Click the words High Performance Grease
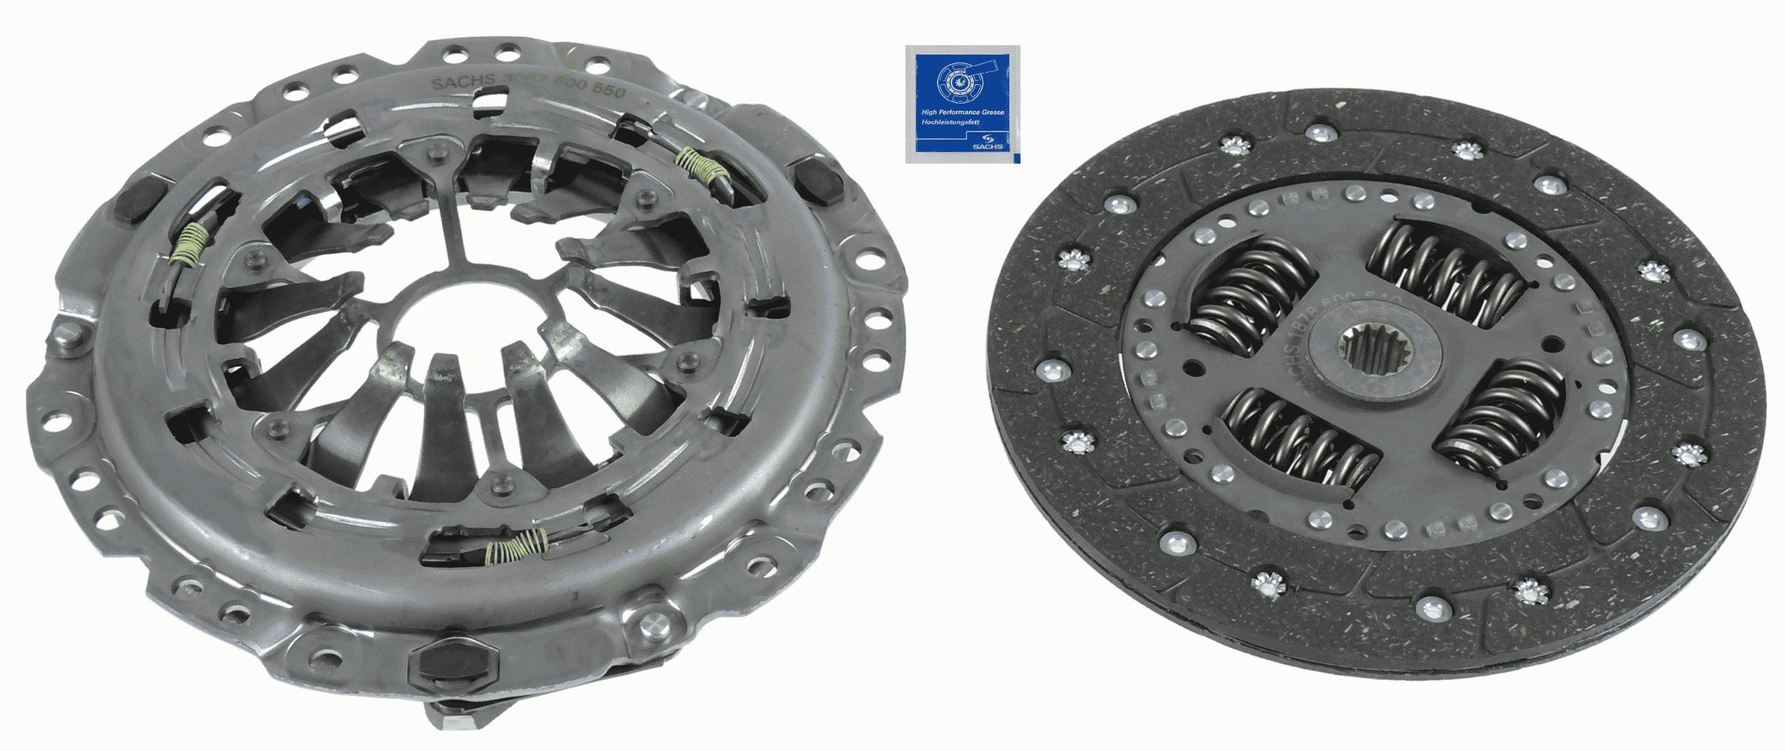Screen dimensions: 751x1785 click(x=962, y=112)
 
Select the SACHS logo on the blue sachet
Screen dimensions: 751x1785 click(x=993, y=143)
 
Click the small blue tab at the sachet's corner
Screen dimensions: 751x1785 click(x=1016, y=156)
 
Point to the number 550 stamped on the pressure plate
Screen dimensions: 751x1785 click(x=608, y=92)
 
